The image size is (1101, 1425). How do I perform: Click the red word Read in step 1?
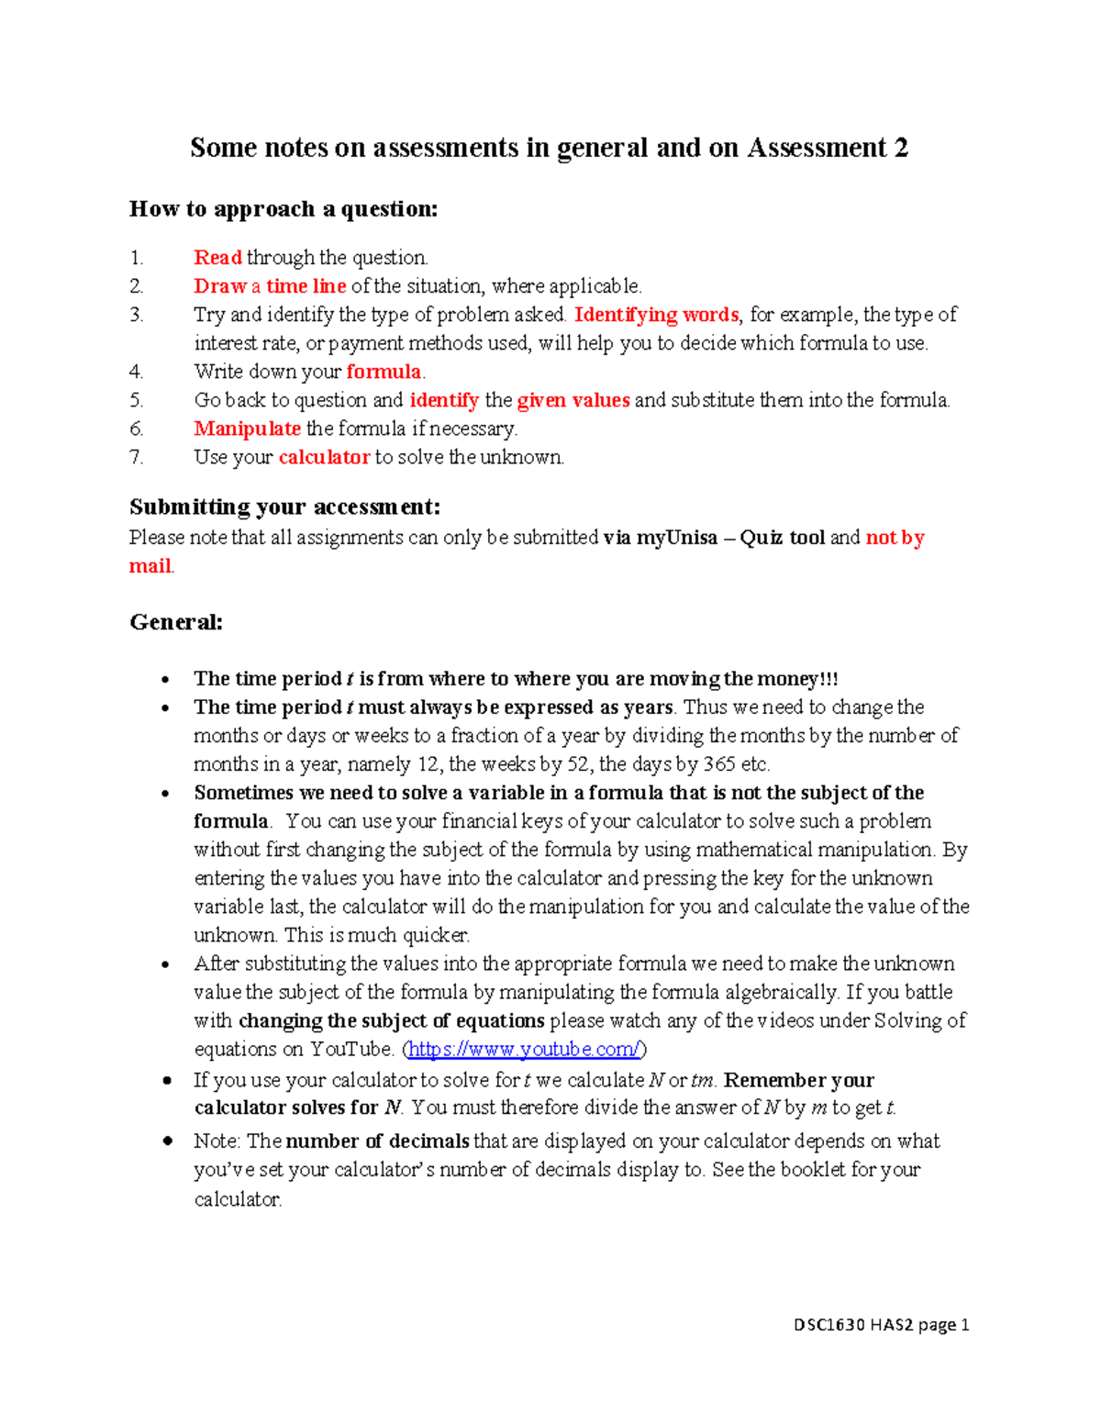[217, 258]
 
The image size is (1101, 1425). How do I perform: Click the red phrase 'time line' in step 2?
[306, 286]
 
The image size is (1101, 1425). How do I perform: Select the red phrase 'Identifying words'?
[656, 315]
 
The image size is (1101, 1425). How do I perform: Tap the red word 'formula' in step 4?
[384, 372]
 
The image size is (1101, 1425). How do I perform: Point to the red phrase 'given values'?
[573, 400]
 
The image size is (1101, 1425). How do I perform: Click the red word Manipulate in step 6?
[247, 429]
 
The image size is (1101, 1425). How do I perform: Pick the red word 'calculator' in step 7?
[324, 457]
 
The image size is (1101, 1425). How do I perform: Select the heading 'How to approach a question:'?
[284, 209]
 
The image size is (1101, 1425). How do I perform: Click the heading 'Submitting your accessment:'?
[284, 507]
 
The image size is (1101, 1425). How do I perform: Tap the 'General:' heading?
[176, 622]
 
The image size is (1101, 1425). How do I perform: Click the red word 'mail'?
[150, 566]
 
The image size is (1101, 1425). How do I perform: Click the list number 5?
[136, 400]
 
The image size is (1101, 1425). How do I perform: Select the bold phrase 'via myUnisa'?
[660, 538]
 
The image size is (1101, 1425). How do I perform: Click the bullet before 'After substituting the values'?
[165, 964]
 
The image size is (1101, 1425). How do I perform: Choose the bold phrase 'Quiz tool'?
[783, 538]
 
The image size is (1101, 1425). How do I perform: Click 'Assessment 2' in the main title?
[828, 148]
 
